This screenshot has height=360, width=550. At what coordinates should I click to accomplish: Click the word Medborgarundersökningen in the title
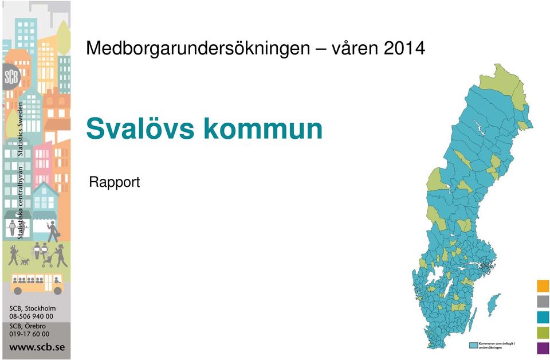click(x=198, y=48)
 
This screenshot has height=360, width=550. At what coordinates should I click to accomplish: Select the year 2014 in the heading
click(x=404, y=48)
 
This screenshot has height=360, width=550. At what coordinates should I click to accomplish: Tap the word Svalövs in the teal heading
click(x=140, y=128)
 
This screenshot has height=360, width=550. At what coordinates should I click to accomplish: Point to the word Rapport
click(x=115, y=182)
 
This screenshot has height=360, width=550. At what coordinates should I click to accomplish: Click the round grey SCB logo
click(x=11, y=77)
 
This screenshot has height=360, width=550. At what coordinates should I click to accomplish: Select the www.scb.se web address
click(x=37, y=347)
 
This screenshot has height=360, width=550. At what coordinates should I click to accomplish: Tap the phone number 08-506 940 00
click(x=32, y=316)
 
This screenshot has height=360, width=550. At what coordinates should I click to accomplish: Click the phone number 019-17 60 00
click(x=29, y=334)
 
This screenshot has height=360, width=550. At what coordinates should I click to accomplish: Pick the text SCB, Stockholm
click(x=32, y=308)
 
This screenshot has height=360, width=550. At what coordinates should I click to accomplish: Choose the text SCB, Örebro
click(x=27, y=326)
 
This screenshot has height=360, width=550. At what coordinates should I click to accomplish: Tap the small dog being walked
click(x=25, y=261)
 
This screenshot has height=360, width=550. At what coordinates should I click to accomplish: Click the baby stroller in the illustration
click(x=48, y=261)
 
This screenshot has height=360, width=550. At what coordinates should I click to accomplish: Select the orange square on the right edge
click(x=543, y=286)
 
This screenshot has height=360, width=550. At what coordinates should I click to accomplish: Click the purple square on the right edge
click(x=543, y=348)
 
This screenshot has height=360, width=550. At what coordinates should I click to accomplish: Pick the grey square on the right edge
click(x=543, y=302)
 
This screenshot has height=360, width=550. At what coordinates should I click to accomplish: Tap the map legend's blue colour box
click(x=474, y=346)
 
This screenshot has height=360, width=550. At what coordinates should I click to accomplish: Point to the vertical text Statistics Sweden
click(x=21, y=129)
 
